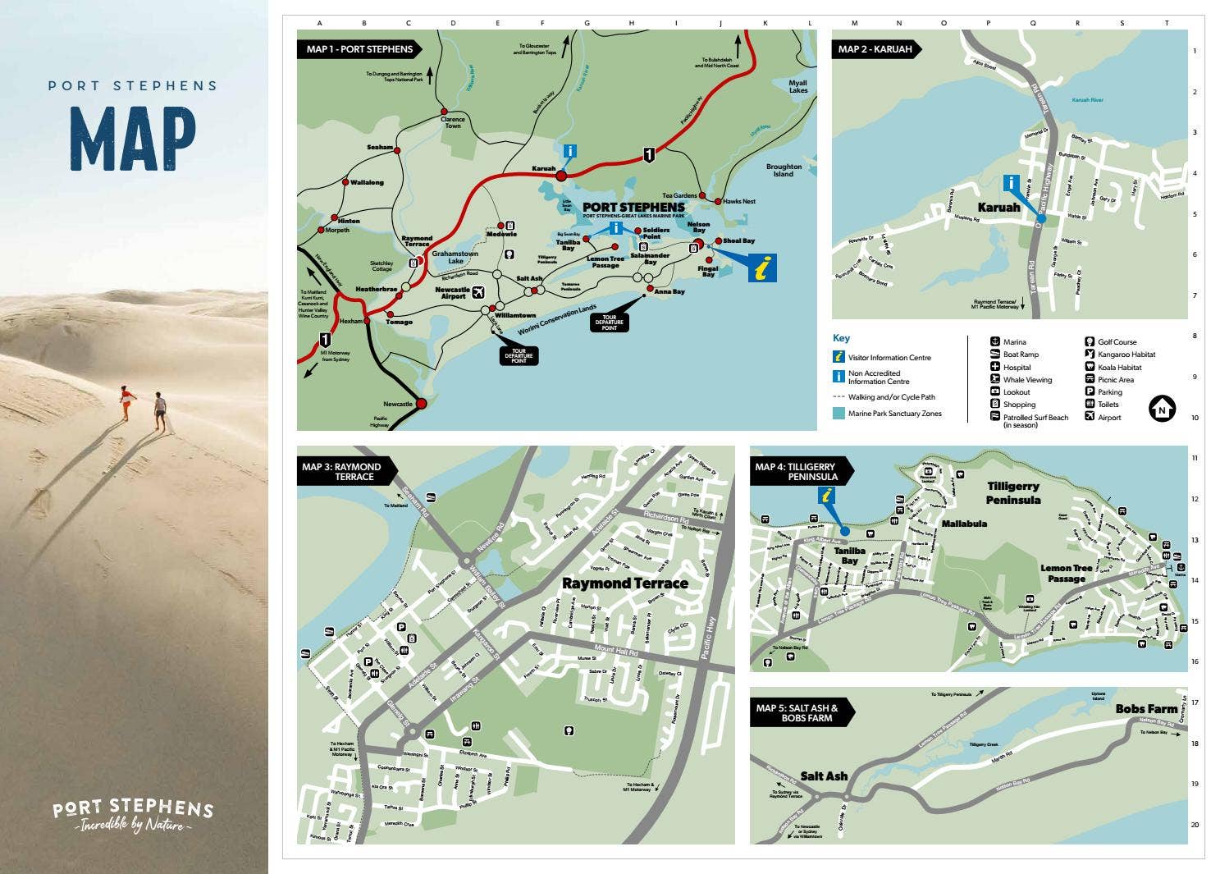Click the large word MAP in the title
click(133, 139)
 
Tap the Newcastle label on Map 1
click(398, 404)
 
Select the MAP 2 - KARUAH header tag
click(875, 49)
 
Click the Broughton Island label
click(784, 170)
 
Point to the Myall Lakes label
click(797, 86)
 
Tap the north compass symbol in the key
click(1162, 408)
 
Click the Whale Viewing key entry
click(1027, 380)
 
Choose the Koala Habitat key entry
click(1119, 368)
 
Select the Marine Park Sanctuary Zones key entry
click(894, 414)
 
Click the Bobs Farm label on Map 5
click(1146, 708)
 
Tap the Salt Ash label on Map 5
click(824, 776)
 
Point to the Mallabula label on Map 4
click(964, 524)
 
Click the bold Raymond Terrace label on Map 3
click(625, 583)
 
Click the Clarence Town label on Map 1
click(453, 122)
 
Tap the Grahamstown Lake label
click(455, 258)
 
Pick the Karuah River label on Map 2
click(1088, 100)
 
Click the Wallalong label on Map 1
click(367, 182)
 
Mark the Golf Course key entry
click(1117, 342)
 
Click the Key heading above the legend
click(841, 338)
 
